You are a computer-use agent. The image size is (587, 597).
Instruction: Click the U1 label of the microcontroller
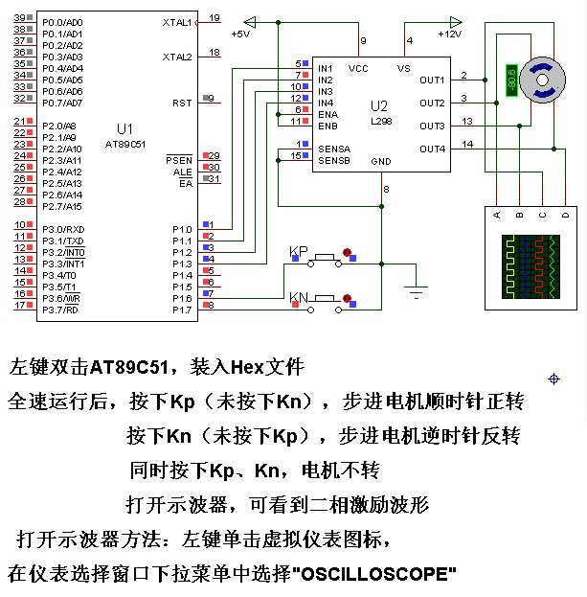124,128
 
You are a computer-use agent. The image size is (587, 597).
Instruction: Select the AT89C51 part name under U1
125,144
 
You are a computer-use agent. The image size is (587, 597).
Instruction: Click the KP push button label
299,252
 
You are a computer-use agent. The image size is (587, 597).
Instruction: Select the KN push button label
299,298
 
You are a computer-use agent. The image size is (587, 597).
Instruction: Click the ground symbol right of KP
416,285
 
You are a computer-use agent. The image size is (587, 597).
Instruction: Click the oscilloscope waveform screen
531,267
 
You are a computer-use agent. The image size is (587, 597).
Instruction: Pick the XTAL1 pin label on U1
178,21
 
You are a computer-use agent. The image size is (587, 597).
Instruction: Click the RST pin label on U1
182,103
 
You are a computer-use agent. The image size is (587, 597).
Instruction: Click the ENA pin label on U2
327,114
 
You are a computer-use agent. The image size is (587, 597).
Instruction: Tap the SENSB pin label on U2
333,160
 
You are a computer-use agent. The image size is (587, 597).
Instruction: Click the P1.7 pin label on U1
182,310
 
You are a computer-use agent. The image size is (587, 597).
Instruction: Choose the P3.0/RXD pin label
63,229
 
